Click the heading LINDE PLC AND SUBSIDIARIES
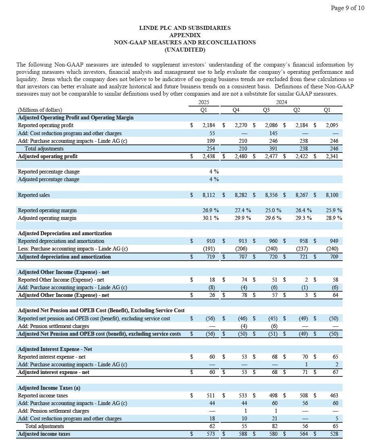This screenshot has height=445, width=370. [185, 28]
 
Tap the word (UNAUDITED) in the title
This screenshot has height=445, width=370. [185, 50]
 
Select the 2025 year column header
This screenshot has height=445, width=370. [204, 102]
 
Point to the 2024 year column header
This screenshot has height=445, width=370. [281, 102]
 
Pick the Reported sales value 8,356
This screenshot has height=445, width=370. [273, 195]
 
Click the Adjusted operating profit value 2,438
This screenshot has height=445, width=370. [209, 156]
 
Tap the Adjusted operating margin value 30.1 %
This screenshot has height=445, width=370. [211, 218]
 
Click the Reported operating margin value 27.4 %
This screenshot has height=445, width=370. [243, 210]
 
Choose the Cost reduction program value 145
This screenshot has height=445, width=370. [274, 133]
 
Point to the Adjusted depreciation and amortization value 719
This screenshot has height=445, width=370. [210, 257]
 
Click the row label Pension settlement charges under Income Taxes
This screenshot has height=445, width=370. [53, 411]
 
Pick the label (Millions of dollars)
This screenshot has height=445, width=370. [40, 110]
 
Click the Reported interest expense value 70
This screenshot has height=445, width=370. [305, 357]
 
